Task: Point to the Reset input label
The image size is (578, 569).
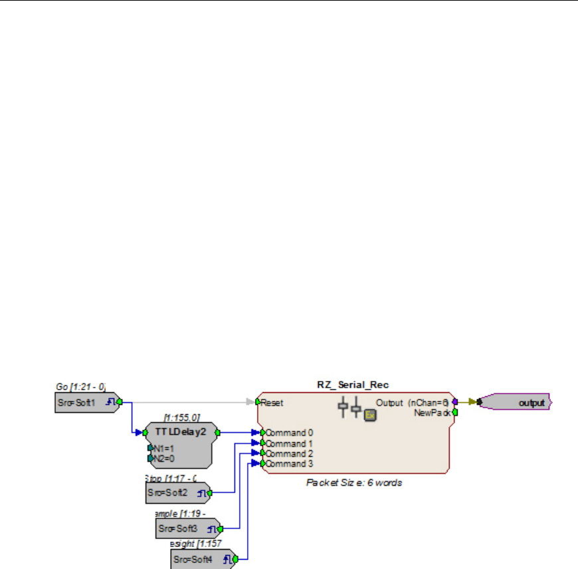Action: coord(272,402)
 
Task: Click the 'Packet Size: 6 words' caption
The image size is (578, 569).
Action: coord(353,483)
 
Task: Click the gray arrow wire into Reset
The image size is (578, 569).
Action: coord(199,402)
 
